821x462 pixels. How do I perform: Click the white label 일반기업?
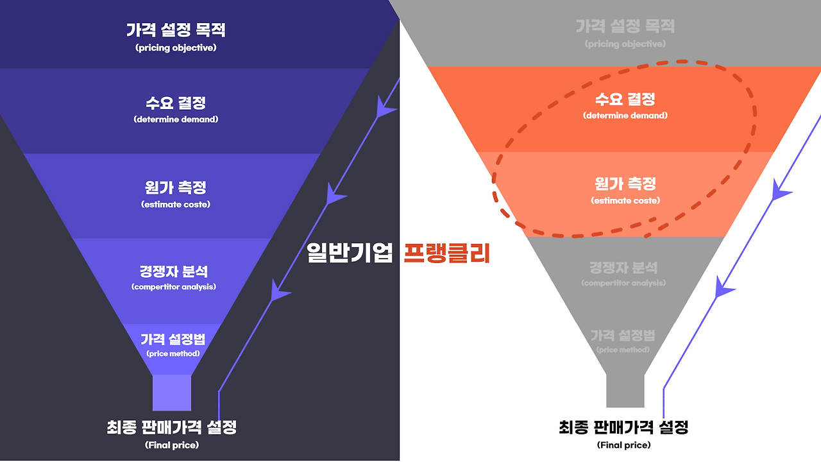click(x=350, y=253)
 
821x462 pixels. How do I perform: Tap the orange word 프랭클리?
click(x=447, y=253)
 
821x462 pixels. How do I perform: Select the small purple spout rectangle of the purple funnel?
click(x=172, y=392)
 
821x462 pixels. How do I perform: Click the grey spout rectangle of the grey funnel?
click(x=625, y=389)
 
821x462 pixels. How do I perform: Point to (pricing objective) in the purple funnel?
click(x=176, y=48)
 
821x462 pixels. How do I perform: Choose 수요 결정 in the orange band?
click(x=625, y=99)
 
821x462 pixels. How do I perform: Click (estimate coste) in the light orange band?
click(x=625, y=201)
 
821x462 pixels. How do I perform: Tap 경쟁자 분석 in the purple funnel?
click(x=174, y=271)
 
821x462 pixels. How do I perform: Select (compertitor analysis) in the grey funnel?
click(x=623, y=283)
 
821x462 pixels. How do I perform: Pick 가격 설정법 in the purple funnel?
click(x=173, y=339)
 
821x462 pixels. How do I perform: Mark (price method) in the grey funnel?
click(x=623, y=350)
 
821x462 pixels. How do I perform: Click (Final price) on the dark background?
click(x=172, y=445)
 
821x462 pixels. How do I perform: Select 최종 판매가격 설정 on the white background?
click(x=623, y=427)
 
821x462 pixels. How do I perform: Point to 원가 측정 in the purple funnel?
click(x=176, y=188)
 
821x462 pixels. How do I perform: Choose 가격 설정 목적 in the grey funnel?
click(x=625, y=27)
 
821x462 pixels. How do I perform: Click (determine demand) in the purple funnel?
click(x=176, y=119)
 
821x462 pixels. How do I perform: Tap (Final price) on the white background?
click(x=623, y=445)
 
